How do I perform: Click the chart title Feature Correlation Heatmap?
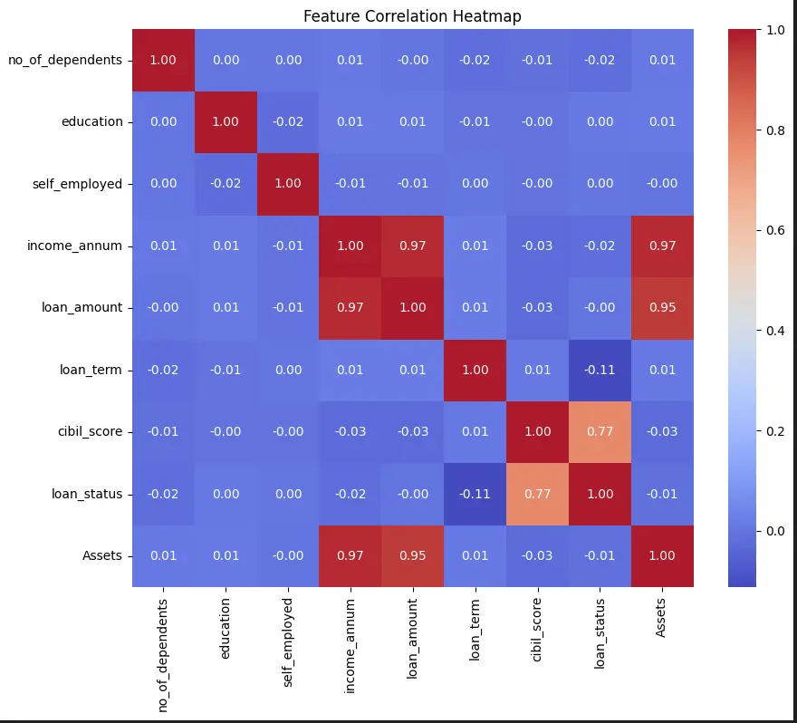[412, 16]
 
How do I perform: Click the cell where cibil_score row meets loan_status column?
[600, 431]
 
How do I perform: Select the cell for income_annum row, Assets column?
[662, 246]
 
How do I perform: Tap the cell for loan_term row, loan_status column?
[600, 370]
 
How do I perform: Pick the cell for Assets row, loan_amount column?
[412, 555]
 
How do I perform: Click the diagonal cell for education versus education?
[226, 121]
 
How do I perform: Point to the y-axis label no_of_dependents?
[65, 60]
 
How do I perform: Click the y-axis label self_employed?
[78, 184]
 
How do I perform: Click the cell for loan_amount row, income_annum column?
[350, 307]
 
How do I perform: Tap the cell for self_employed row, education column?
[226, 184]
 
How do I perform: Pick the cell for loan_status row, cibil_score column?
[537, 494]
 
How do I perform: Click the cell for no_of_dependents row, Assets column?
[662, 60]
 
